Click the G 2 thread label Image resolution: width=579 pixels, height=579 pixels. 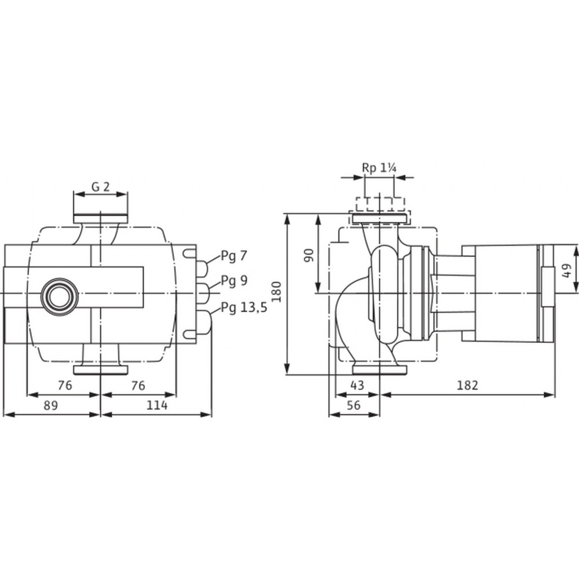pyautogui.click(x=100, y=187)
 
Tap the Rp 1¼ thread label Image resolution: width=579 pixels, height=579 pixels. pyautogui.click(x=379, y=168)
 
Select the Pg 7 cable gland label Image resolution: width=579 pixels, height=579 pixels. pyautogui.click(x=234, y=256)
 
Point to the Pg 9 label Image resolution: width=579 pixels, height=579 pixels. pyautogui.click(x=234, y=281)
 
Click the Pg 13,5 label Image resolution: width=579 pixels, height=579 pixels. pyautogui.click(x=244, y=307)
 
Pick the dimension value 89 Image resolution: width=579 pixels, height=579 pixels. pyautogui.click(x=51, y=405)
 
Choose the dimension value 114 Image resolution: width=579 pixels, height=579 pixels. pyautogui.click(x=157, y=405)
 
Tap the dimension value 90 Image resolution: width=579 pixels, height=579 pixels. pyautogui.click(x=309, y=255)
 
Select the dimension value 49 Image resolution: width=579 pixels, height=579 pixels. pyautogui.click(x=567, y=270)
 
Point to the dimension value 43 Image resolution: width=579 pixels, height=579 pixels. pyautogui.click(x=357, y=386)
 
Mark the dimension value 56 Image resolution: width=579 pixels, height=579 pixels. pyautogui.click(x=353, y=405)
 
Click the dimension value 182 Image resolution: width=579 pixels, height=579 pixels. pyautogui.click(x=467, y=386)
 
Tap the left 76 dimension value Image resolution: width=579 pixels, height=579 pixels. pyautogui.click(x=65, y=386)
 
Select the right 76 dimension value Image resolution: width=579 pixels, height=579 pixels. pyautogui.click(x=138, y=386)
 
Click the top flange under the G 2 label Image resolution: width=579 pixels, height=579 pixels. pyautogui.click(x=100, y=219)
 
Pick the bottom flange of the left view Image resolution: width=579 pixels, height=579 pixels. pyautogui.click(x=100, y=369)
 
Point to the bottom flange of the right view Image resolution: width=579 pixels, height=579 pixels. pyautogui.click(x=380, y=369)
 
